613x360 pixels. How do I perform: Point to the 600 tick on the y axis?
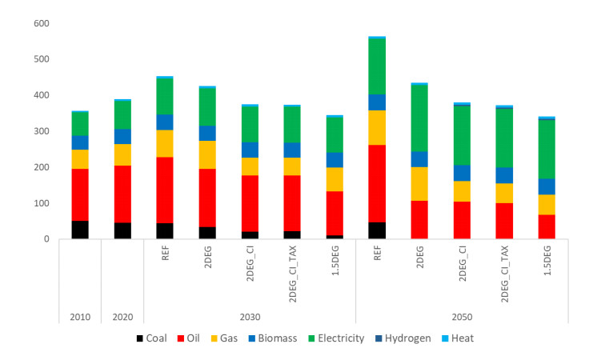tap(40, 23)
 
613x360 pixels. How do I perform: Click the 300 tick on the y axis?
tap(40, 131)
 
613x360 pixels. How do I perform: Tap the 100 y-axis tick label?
tap(40, 203)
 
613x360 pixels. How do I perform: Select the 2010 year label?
tap(80, 316)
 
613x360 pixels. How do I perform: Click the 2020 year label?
tap(122, 316)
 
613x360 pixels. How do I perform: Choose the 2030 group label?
tap(250, 316)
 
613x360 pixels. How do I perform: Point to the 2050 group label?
tap(462, 316)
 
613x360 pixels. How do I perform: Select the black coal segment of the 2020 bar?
tap(122, 230)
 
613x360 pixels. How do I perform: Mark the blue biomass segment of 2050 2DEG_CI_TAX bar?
tap(504, 175)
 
